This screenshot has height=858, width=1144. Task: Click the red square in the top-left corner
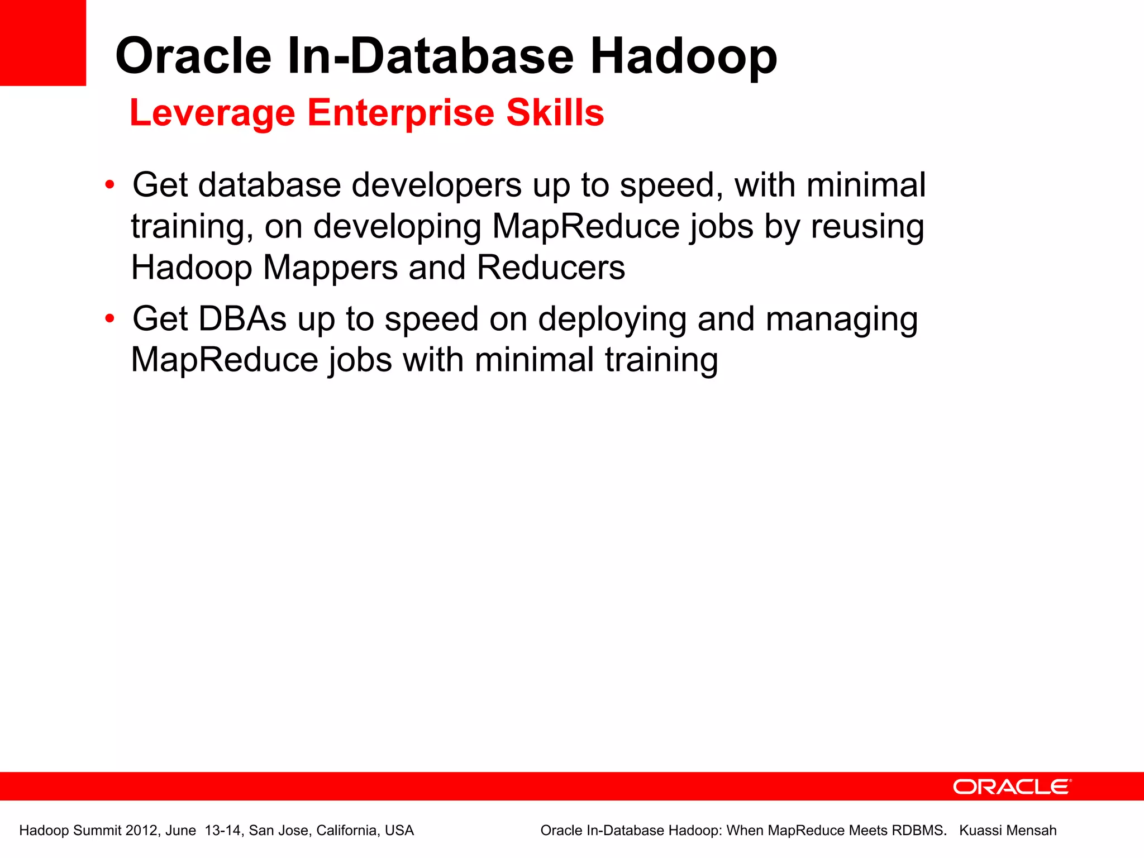42,42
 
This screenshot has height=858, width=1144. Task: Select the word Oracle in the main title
193,56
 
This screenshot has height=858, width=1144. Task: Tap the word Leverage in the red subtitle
212,113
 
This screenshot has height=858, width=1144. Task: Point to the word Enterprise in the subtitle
401,113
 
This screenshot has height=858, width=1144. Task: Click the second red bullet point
110,319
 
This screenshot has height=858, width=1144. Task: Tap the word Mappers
330,268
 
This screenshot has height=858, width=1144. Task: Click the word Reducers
551,268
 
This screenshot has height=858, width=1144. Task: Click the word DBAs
242,319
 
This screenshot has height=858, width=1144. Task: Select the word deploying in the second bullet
612,320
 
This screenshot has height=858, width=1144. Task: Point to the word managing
841,320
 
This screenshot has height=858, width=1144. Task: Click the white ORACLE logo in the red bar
1012,787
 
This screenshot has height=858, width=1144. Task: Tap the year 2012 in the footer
141,831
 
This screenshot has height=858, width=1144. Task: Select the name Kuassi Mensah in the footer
1008,831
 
